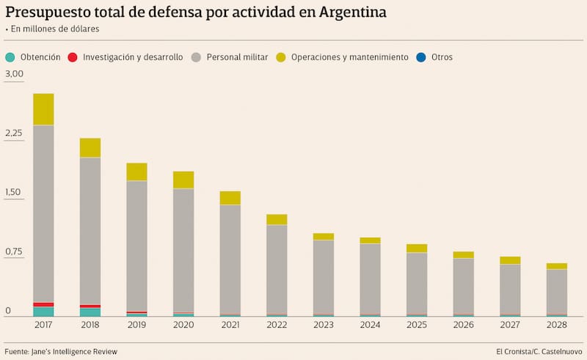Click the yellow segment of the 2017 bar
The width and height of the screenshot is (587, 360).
pos(43,109)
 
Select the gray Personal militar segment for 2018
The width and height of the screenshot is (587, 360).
pos(90,230)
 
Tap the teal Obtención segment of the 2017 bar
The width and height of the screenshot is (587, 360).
pos(43,312)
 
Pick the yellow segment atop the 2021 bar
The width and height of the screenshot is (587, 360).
pos(230,197)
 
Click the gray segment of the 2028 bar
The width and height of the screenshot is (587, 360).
pos(557,292)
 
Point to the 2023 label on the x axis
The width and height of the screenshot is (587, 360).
pos(324,325)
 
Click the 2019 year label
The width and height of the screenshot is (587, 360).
pos(136,325)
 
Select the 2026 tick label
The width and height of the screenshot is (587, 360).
pos(464,325)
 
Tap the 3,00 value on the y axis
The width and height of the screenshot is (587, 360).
pos(15,74)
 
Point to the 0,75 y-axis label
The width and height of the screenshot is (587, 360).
pos(15,252)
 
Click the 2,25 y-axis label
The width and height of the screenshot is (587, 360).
pos(15,133)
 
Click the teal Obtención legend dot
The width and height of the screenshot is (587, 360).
pos(10,57)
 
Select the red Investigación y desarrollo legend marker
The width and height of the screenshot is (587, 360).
pos(73,57)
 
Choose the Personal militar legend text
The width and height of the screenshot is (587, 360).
pos(237,57)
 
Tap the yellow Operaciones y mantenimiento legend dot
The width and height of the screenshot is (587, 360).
pos(281,57)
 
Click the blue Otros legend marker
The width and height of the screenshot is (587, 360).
pos(421,57)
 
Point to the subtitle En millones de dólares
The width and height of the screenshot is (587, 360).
pos(55,29)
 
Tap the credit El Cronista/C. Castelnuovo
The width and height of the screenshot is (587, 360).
pos(539,351)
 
